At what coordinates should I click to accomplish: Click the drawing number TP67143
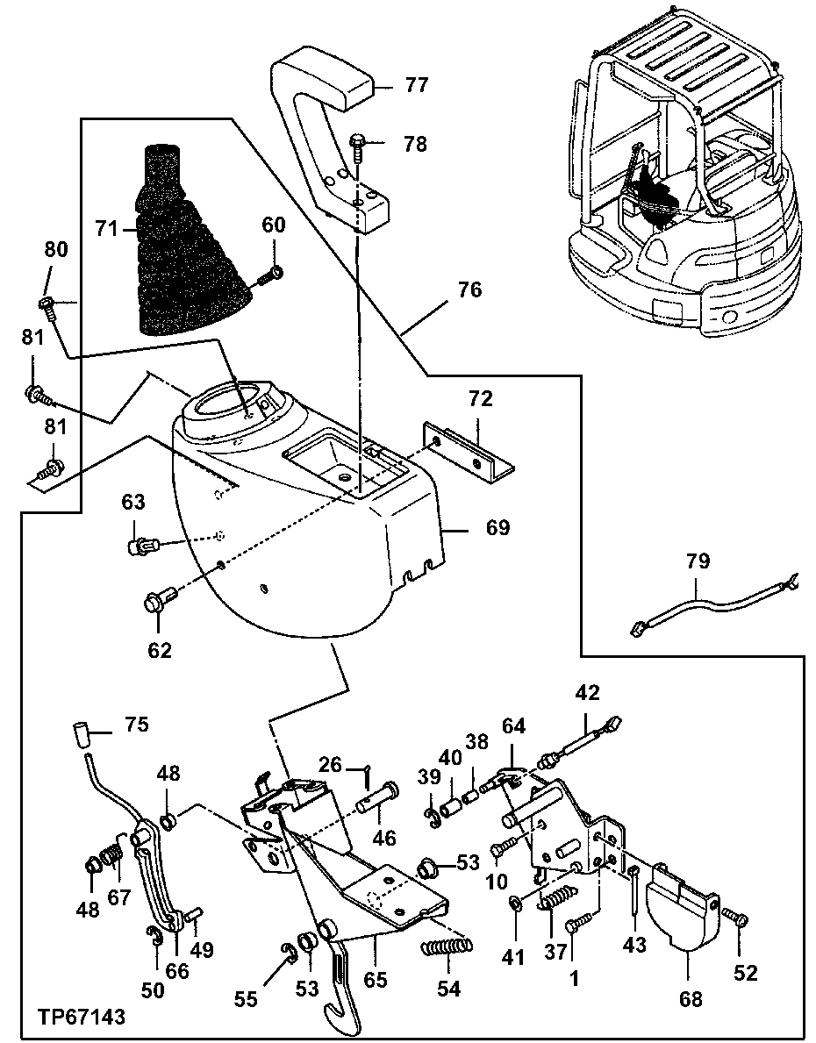(81, 1017)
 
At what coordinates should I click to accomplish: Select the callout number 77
(416, 85)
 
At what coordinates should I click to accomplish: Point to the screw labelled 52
(735, 918)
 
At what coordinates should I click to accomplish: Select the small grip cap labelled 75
(81, 731)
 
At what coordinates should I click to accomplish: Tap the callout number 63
(132, 502)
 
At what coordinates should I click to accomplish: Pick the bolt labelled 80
(48, 304)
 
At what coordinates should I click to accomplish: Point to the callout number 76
(470, 289)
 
